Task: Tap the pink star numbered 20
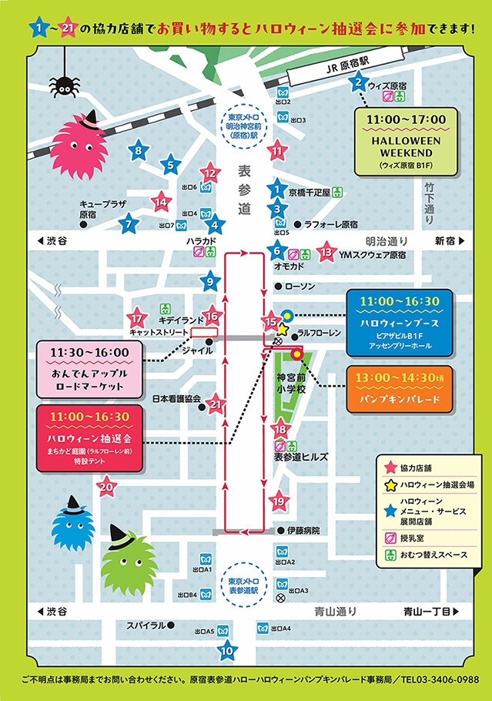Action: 107,486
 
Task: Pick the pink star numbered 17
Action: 137,318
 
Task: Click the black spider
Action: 60,81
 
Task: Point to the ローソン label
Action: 300,286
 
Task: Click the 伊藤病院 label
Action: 302,531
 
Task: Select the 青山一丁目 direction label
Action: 430,611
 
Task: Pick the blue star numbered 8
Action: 138,151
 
